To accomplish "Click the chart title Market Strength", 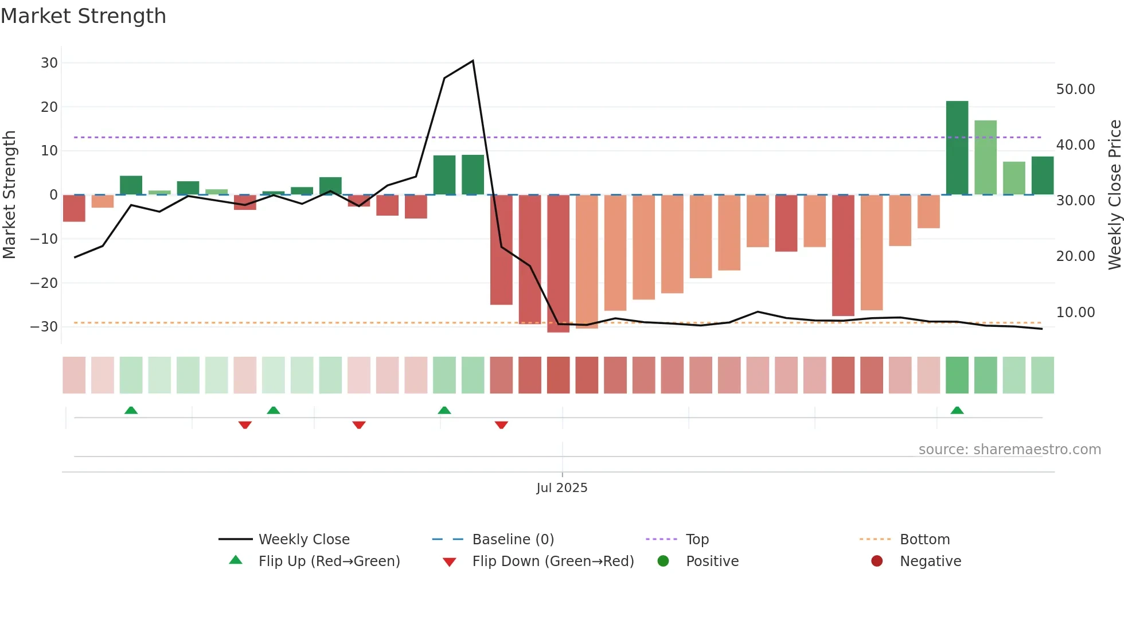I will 83,16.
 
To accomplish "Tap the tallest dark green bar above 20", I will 957,147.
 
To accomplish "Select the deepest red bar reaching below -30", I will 558,263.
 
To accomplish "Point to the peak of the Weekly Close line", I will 473,61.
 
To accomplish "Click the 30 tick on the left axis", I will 49,63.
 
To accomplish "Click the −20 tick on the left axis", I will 44,283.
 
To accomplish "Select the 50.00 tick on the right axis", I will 1075,89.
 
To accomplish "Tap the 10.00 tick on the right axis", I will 1075,313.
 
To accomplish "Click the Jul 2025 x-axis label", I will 561,487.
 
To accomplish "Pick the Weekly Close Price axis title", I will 1114,194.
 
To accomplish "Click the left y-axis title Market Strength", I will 9,194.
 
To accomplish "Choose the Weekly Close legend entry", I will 303,540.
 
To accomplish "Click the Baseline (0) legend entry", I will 513,540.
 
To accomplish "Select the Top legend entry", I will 697,540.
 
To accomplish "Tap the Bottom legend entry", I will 924,540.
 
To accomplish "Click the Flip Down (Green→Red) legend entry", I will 552,561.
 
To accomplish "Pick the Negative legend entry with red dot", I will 930,561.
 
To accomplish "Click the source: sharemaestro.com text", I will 1009,450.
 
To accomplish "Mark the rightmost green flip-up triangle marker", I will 957,410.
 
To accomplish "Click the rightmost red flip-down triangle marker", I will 501,425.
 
